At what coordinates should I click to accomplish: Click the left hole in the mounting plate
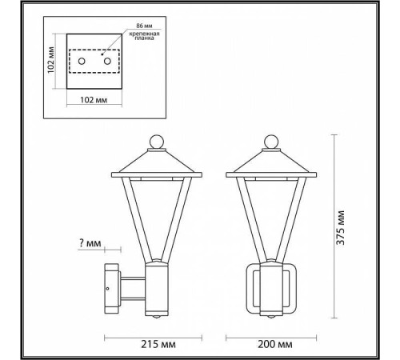tap(81, 62)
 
